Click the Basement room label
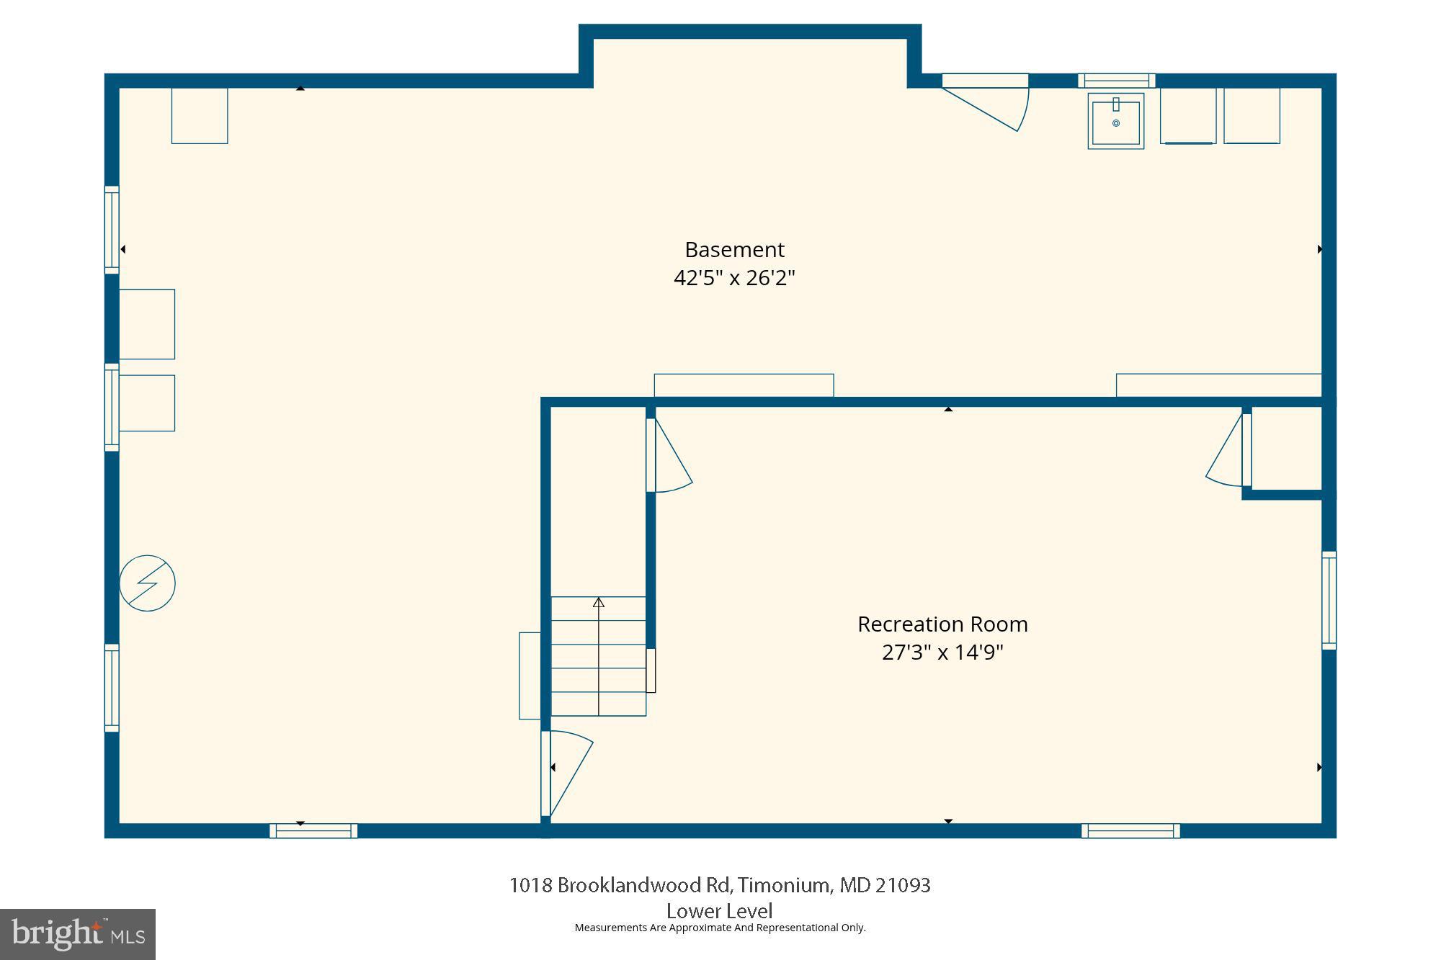[x=733, y=250]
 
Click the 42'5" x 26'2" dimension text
[x=733, y=278]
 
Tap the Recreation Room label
[x=942, y=624]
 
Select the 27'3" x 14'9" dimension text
[x=942, y=652]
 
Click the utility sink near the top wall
[x=1115, y=122]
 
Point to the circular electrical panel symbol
[x=147, y=583]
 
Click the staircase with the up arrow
[x=598, y=655]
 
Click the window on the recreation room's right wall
[x=1329, y=600]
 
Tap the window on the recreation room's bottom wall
[x=1130, y=830]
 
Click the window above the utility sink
[x=1116, y=81]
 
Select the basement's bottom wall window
[x=313, y=830]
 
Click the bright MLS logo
[x=78, y=934]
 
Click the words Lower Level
[x=719, y=911]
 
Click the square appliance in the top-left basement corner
[x=200, y=116]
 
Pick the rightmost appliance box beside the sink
[x=1252, y=116]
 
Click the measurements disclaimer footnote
[x=719, y=928]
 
